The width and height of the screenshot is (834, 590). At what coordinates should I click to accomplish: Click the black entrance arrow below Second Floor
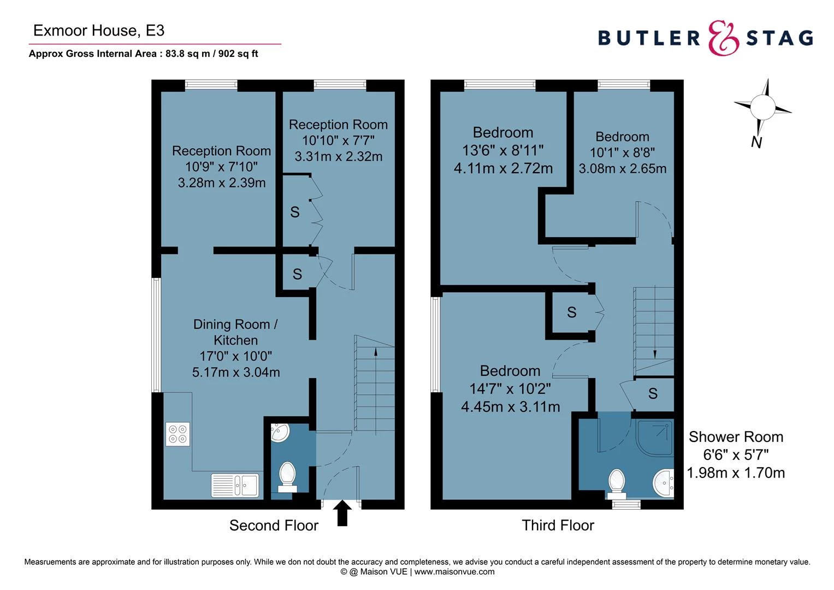coord(342,513)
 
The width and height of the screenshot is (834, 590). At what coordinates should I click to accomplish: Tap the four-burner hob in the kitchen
coord(178,434)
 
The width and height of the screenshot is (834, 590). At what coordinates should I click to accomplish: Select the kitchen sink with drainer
coord(235,485)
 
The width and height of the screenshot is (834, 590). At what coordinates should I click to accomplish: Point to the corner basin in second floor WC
coord(280,433)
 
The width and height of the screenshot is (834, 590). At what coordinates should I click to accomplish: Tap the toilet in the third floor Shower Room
coord(617,480)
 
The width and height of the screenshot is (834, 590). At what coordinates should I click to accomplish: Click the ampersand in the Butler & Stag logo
coord(724,38)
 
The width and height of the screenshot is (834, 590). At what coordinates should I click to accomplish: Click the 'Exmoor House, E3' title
coord(99,31)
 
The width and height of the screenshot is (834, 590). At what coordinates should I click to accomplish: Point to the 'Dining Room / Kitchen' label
coord(235,332)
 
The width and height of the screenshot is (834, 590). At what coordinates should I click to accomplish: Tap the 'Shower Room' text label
coord(735,437)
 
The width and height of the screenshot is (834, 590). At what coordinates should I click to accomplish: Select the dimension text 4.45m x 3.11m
coord(510,407)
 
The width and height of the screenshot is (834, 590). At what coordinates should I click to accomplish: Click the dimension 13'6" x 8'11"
coord(502,150)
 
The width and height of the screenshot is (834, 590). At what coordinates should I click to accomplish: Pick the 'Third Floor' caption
coord(558,526)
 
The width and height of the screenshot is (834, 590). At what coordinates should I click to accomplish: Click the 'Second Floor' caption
coord(274,526)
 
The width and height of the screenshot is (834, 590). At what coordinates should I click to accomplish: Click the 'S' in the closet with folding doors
coord(295,212)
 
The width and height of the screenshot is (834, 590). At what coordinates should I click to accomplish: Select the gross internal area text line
coord(144,54)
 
